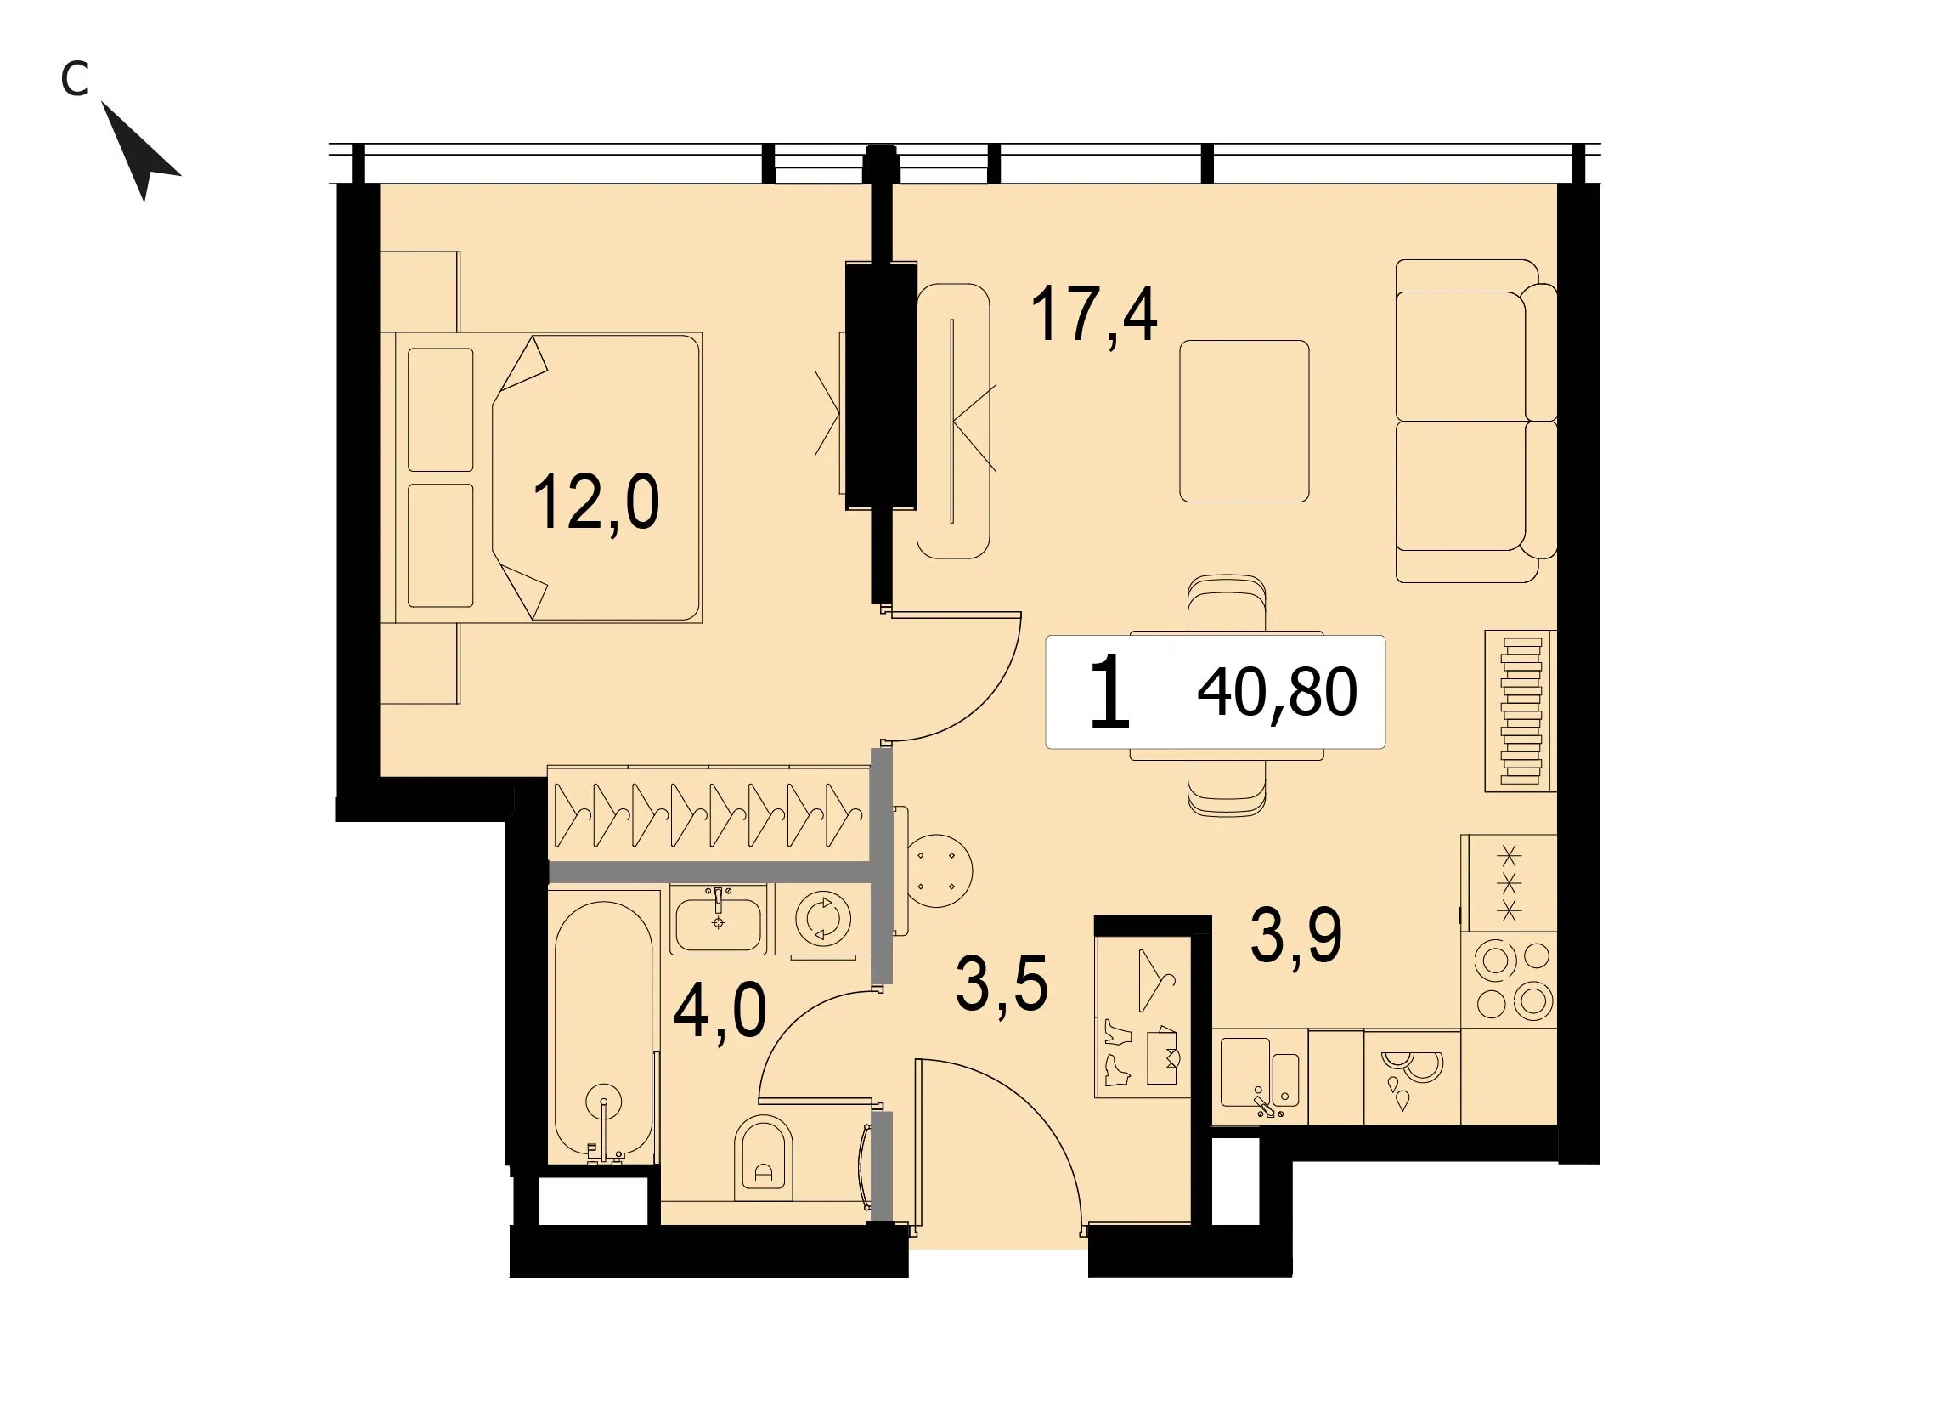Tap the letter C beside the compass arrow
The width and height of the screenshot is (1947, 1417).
pos(76,79)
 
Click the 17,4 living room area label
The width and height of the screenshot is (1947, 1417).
pos(1093,315)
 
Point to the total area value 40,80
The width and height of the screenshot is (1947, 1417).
pos(1278,692)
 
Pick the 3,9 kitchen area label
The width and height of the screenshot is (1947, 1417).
pos(1296,936)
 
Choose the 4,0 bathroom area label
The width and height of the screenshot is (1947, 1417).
pos(720,1013)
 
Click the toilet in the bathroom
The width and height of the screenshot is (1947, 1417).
pos(763,1158)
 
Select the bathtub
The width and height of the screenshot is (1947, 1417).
pos(603,1029)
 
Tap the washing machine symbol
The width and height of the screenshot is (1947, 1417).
pos(823,919)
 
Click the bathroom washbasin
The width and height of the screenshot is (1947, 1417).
pos(718,920)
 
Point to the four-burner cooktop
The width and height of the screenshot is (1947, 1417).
pos(1510,980)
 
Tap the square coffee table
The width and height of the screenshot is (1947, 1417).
pos(1244,421)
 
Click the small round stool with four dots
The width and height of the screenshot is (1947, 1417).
pos(938,870)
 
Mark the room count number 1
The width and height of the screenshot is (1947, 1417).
pos(1109,691)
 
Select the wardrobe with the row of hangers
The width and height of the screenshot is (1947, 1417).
pos(709,814)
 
